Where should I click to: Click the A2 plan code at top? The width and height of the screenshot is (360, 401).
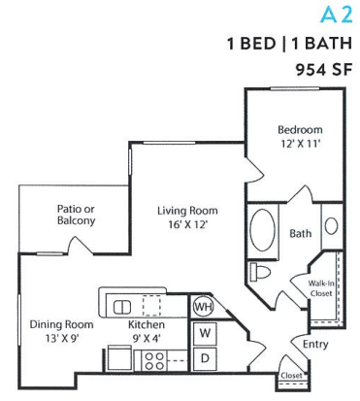click(335, 16)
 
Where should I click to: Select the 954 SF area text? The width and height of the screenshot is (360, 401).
click(321, 69)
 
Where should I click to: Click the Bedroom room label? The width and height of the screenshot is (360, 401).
click(299, 129)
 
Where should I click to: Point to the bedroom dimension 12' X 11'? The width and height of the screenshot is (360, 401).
click(299, 143)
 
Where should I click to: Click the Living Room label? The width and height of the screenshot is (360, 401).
click(188, 210)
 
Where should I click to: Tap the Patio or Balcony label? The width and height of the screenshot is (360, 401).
click(75, 215)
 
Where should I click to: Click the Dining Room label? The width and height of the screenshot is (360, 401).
click(60, 324)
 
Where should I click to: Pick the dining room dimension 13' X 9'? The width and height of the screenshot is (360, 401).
click(60, 338)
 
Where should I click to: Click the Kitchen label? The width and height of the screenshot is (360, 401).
click(147, 324)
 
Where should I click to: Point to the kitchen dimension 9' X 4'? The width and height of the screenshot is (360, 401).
click(147, 338)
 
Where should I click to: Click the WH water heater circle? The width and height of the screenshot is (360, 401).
click(203, 307)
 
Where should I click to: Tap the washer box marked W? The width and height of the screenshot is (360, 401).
click(205, 333)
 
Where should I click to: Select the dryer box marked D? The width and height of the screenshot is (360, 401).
click(205, 358)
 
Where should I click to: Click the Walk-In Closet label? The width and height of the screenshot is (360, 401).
click(322, 286)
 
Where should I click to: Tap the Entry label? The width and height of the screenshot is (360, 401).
click(315, 343)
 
